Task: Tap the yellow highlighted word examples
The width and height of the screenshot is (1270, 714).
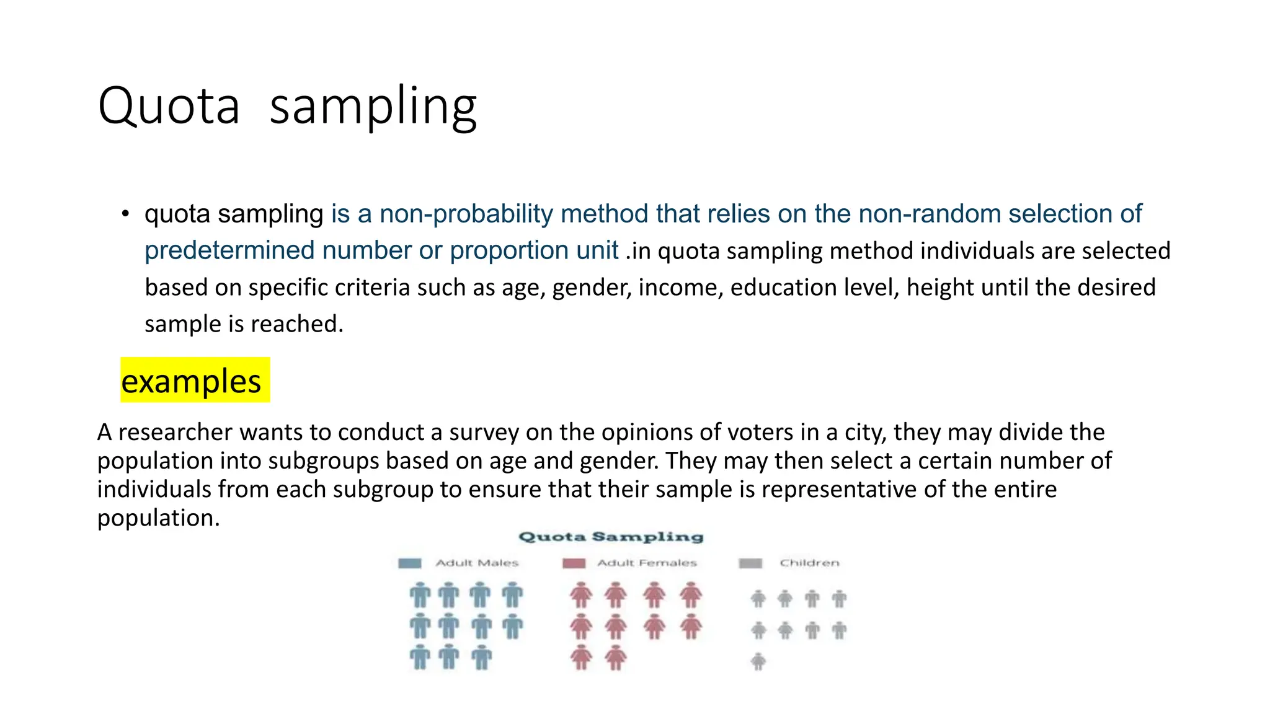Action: (x=191, y=381)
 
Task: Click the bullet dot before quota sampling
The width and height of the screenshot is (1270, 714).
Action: (x=125, y=214)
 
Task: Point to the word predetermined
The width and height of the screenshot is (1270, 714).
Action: (x=229, y=250)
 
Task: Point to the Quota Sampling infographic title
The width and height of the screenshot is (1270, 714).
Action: (x=611, y=537)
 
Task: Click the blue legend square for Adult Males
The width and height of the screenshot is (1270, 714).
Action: (x=409, y=563)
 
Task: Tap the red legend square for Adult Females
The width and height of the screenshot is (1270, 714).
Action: (x=574, y=563)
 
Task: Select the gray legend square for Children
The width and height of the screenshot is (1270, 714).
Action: (x=750, y=563)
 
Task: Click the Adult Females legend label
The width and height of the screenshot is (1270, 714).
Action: (x=647, y=563)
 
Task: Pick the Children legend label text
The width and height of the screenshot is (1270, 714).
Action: (x=809, y=563)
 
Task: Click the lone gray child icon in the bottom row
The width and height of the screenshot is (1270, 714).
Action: (x=758, y=661)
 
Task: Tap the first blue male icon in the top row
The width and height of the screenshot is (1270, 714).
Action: (x=420, y=595)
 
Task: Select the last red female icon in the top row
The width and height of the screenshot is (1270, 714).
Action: (x=690, y=595)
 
